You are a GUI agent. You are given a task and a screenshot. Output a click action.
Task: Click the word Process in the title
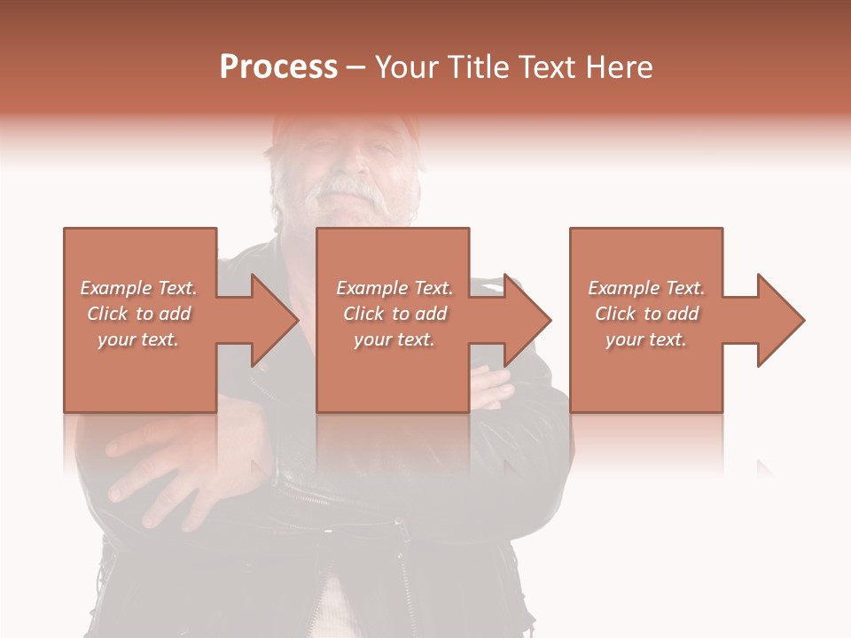click(x=278, y=67)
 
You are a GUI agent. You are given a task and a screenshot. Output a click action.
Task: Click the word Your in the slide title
click(x=409, y=67)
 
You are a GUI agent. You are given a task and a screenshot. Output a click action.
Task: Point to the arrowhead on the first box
click(x=275, y=320)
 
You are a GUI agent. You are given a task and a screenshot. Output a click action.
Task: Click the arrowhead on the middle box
click(x=528, y=320)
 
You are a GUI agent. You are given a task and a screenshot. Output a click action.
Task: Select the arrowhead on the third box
click(x=781, y=320)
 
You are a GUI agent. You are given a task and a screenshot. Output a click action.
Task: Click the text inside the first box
click(x=138, y=314)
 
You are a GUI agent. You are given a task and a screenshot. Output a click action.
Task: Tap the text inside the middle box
click(x=394, y=314)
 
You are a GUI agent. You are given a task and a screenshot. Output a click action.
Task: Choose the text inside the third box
click(x=646, y=314)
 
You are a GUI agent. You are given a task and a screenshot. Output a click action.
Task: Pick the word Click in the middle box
click(x=363, y=314)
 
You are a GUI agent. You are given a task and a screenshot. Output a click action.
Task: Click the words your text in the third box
click(x=646, y=339)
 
